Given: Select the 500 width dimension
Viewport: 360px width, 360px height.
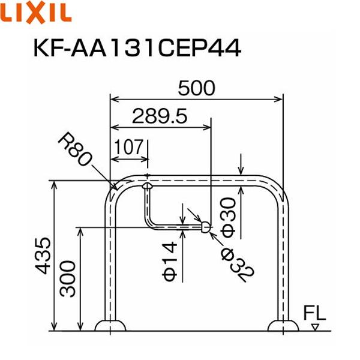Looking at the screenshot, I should click(196, 88).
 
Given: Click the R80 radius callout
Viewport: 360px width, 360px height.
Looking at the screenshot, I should click(76, 150).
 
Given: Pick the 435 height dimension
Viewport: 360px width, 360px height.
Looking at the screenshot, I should click(43, 256).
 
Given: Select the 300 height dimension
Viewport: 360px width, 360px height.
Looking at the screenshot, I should click(68, 279).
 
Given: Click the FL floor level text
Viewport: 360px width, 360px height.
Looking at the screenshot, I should click(314, 313).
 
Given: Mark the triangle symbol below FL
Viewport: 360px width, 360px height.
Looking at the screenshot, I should click(314, 327).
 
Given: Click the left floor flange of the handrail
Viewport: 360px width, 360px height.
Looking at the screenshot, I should click(111, 326).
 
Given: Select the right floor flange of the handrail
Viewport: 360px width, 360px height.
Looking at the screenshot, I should click(283, 326).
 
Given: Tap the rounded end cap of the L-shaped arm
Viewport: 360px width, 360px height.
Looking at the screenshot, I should click(205, 227).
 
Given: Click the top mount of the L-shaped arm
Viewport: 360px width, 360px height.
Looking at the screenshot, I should click(146, 187).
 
